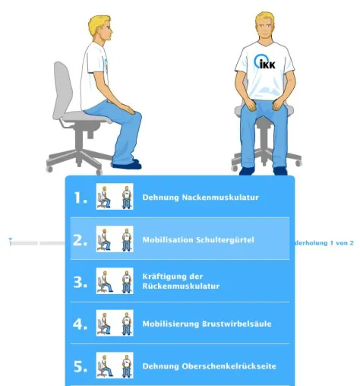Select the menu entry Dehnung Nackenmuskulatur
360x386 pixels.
click(201, 198)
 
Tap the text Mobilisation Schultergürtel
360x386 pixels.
click(198, 239)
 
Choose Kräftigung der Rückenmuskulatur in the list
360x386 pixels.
click(181, 281)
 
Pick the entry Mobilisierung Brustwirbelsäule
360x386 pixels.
click(207, 324)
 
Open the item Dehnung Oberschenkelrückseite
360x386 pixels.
click(209, 366)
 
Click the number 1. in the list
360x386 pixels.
click(81, 198)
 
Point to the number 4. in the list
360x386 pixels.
click(81, 324)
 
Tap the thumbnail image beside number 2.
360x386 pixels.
click(115, 239)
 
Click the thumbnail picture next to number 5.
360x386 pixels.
click(115, 365)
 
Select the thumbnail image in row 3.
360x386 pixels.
click(115, 281)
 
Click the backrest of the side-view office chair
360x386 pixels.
click(62, 90)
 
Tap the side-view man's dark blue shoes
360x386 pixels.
click(127, 164)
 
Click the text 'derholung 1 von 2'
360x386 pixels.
click(324, 243)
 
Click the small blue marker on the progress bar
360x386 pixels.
click(10, 239)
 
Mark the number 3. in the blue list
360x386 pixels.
click(81, 282)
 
